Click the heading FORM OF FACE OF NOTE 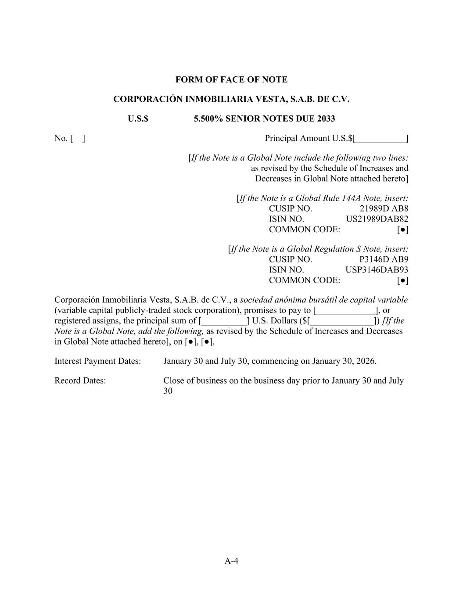(231, 79)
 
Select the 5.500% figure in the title (208, 118)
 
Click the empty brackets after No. (78, 138)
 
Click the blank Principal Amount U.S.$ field (380, 139)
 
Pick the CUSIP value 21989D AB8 (384, 208)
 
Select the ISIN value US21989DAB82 (377, 219)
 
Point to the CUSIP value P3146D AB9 (384, 259)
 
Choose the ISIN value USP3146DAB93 (377, 270)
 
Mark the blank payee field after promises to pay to (346, 311)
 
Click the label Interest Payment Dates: (97, 361)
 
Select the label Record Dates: (80, 380)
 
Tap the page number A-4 (231, 560)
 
